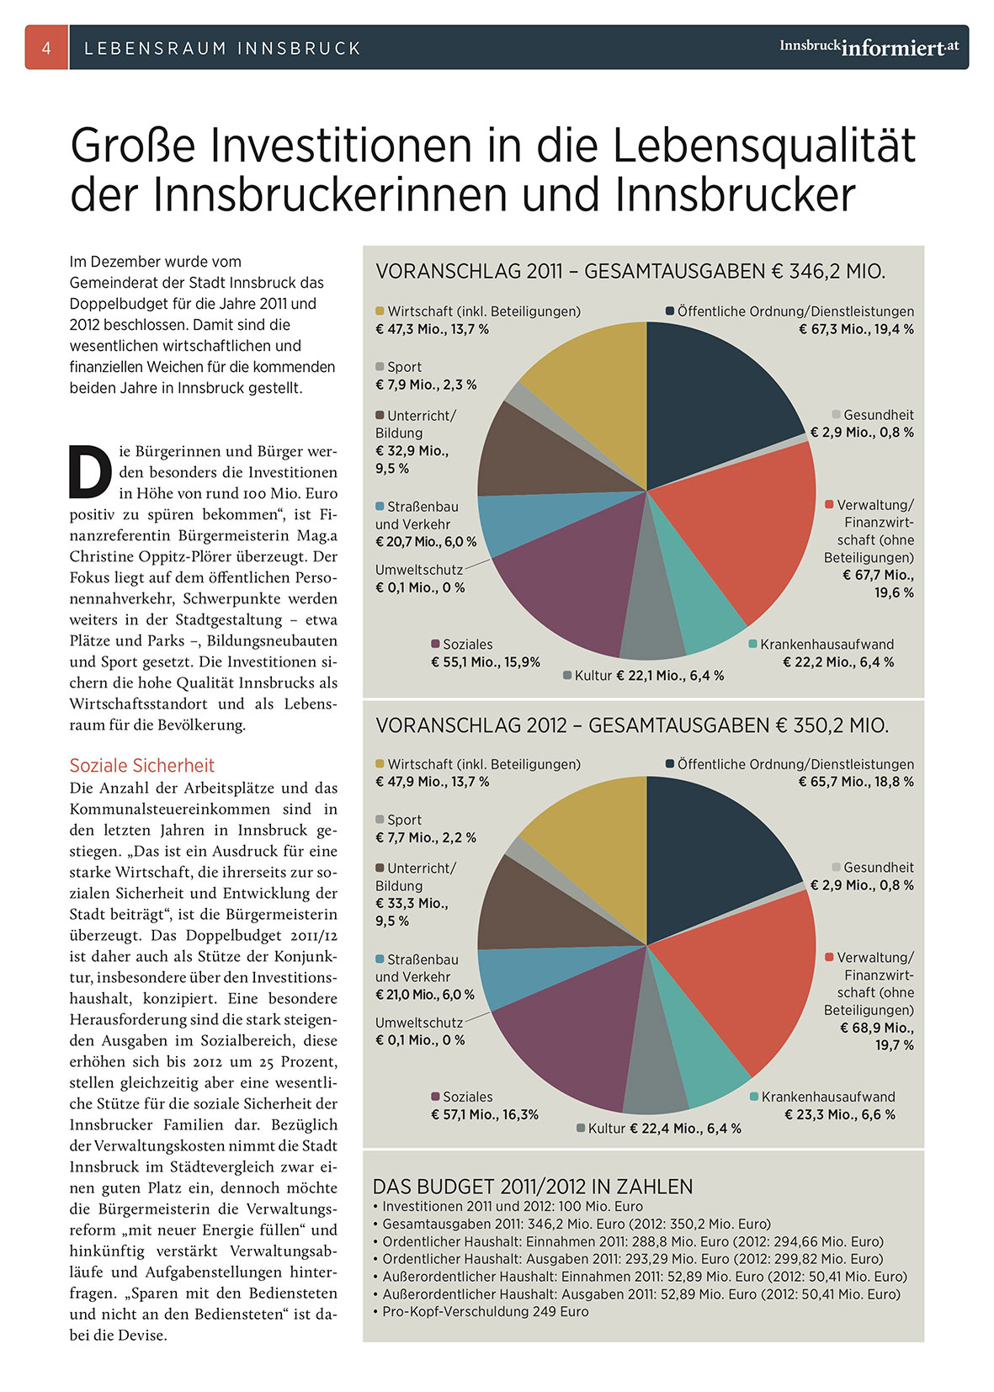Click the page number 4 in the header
click(46, 48)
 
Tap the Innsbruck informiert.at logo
click(869, 47)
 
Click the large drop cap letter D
click(89, 473)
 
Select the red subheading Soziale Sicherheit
click(142, 765)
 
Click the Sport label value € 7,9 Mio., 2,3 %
click(426, 385)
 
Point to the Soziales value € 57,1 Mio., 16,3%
click(485, 1114)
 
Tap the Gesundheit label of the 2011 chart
click(878, 415)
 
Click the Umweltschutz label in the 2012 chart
click(419, 1023)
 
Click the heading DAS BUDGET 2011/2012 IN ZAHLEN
click(533, 1187)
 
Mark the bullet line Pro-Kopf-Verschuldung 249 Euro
click(486, 1311)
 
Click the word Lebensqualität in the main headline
click(763, 145)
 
